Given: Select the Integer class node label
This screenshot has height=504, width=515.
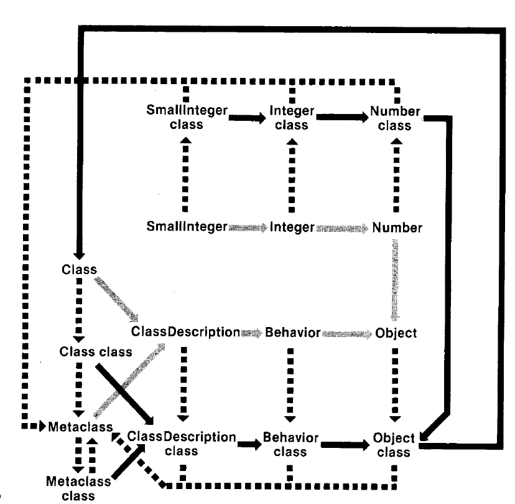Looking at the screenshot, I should pos(292,118).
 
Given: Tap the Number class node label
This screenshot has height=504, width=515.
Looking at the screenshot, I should pos(396,118).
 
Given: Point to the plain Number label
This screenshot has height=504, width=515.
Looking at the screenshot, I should pos(397,227).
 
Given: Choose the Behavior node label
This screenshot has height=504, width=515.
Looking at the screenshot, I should pos(292,333).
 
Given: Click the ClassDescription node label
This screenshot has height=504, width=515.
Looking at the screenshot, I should pos(185,332).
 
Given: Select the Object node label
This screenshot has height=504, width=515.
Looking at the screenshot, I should pos(396,333).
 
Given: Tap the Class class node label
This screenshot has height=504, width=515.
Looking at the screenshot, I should pos(96,352).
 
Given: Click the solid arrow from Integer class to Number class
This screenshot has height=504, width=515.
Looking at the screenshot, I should pos(342,117).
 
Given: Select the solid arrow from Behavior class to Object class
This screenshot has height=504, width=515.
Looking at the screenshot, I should pos(345,444).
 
